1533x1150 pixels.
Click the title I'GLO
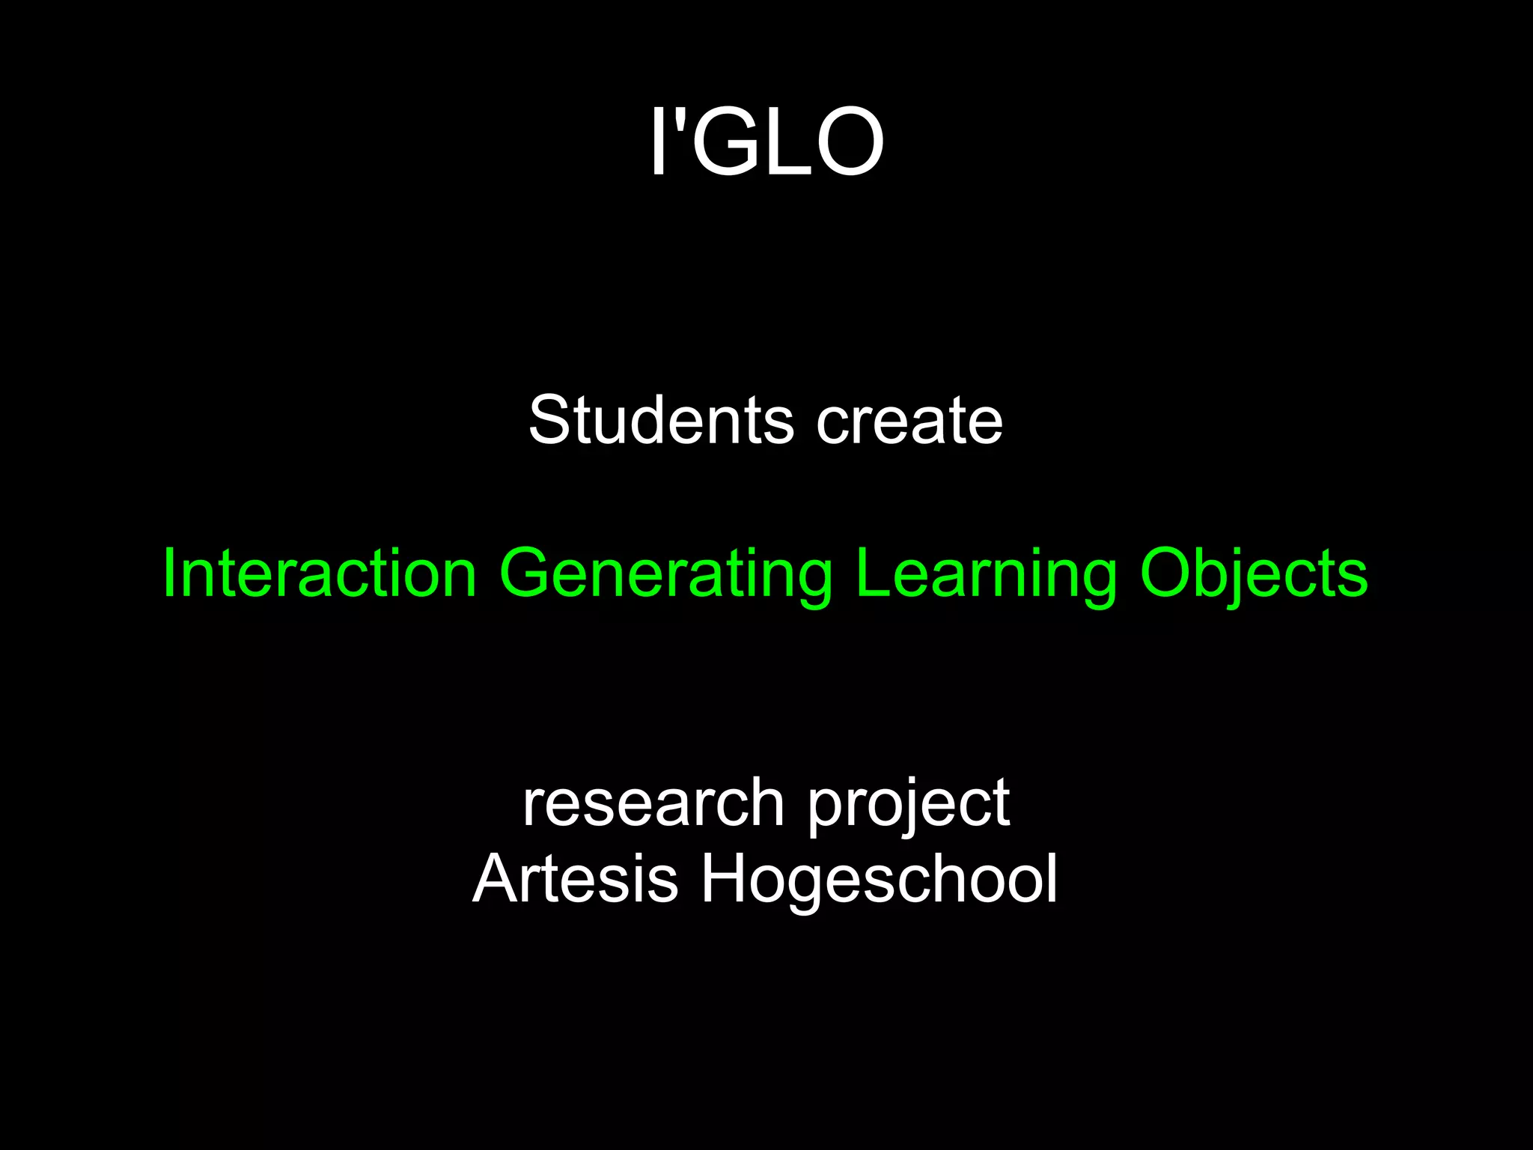pos(766,141)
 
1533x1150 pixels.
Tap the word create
pos(909,421)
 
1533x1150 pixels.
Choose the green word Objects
pos(1254,575)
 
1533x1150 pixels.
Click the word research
pos(653,803)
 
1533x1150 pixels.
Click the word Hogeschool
pos(879,880)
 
